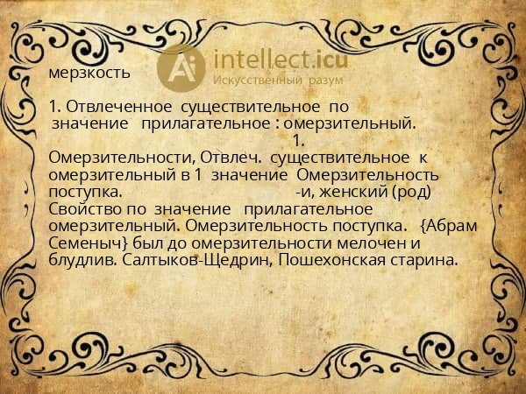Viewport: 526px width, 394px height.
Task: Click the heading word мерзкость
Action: (x=89, y=72)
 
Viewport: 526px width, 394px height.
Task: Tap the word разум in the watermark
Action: (x=324, y=80)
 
